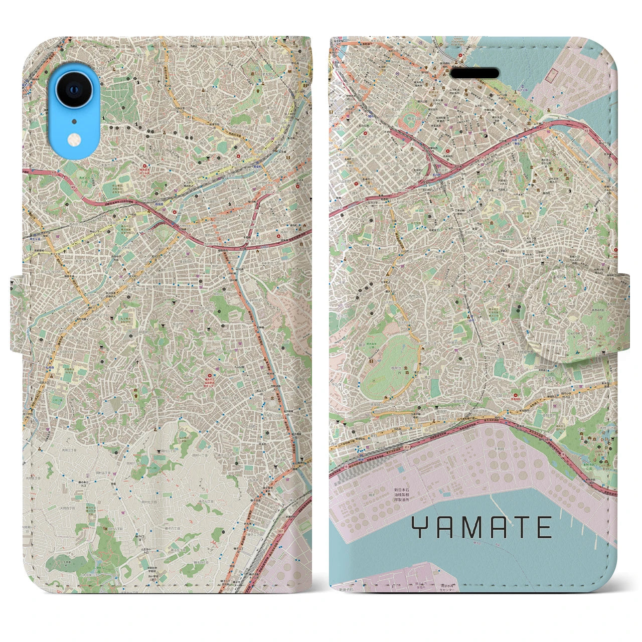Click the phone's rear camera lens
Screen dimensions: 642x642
point(73,91)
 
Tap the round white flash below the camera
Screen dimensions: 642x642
point(74,139)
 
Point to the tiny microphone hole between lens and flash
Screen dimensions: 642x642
point(74,120)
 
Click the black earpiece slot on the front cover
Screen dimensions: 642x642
point(474,73)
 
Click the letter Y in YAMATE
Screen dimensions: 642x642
point(420,527)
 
